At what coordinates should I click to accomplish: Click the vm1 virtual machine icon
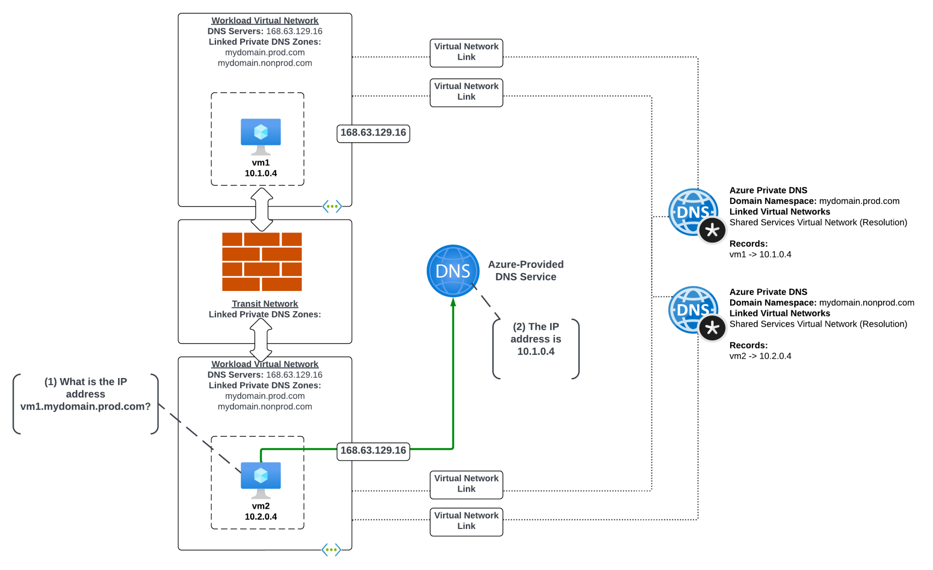(x=261, y=135)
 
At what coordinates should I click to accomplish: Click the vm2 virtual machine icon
(x=261, y=479)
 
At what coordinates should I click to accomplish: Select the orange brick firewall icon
(x=262, y=262)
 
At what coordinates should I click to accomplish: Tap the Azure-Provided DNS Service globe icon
(x=453, y=271)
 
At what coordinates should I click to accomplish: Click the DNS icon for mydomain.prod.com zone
(x=692, y=212)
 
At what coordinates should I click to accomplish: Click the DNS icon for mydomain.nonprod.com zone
(x=692, y=310)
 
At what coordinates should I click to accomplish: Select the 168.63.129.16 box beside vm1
(x=373, y=133)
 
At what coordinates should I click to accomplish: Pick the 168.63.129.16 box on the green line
(x=373, y=451)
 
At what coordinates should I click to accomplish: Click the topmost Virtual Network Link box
(x=466, y=52)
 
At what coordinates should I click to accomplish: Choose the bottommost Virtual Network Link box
(x=466, y=521)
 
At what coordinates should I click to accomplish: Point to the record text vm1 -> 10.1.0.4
(x=760, y=254)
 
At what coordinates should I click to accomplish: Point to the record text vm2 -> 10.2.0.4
(x=760, y=356)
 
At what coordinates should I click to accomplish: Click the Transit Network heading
(x=264, y=304)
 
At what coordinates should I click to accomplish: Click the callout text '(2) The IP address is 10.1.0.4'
(x=536, y=339)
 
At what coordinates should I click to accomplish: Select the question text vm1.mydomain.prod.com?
(x=85, y=406)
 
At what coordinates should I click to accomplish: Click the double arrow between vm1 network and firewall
(x=262, y=209)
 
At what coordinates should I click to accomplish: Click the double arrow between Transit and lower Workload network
(x=261, y=340)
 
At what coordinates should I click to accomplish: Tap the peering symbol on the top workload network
(x=332, y=207)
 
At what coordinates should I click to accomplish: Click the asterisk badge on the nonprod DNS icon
(x=712, y=328)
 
